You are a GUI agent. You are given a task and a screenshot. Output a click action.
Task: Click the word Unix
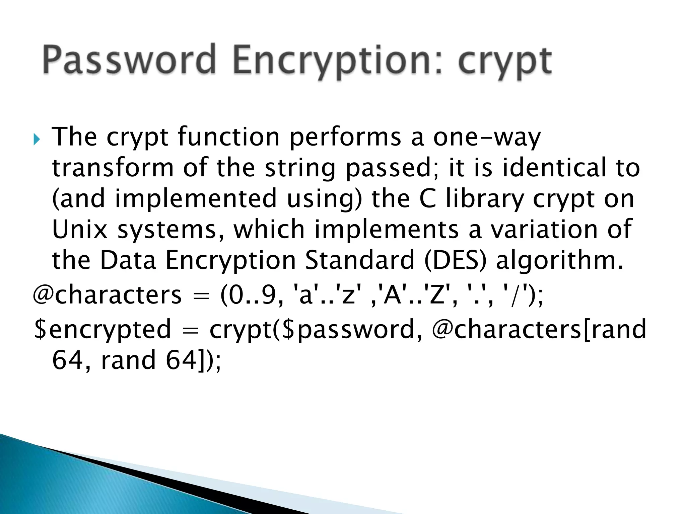80,230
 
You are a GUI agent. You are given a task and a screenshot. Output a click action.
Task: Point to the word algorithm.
560,260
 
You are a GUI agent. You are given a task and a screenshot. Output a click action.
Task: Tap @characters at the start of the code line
107,295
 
